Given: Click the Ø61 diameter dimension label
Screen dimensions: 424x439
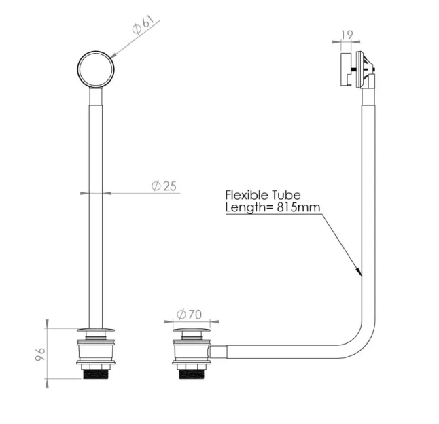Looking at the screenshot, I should (143, 27).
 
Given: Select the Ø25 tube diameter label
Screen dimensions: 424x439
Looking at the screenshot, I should (163, 185).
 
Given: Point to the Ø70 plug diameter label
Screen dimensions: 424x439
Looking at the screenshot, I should (190, 314).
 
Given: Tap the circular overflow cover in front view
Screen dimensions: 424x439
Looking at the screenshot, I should (96, 68).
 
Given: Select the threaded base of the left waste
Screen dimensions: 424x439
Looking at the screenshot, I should (96, 373).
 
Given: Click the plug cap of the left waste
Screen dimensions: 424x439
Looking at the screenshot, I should (96, 331).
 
